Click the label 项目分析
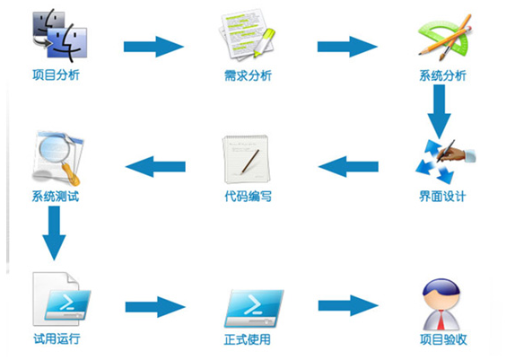(x=56, y=75)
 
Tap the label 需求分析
(x=248, y=75)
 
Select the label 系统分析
(x=442, y=75)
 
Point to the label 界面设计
(x=442, y=196)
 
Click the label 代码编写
(x=248, y=196)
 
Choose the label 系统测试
(x=56, y=196)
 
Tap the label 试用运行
(x=57, y=338)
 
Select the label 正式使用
(x=248, y=339)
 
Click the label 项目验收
(x=443, y=339)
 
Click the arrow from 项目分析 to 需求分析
(x=153, y=47)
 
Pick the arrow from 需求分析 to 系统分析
(x=347, y=47)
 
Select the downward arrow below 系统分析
(x=440, y=111)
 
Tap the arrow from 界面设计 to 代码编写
(x=348, y=167)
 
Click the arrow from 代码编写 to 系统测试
(x=155, y=167)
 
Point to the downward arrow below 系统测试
(x=54, y=233)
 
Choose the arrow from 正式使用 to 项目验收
(x=348, y=305)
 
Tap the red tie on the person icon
(x=441, y=320)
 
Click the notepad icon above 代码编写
(x=246, y=159)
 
